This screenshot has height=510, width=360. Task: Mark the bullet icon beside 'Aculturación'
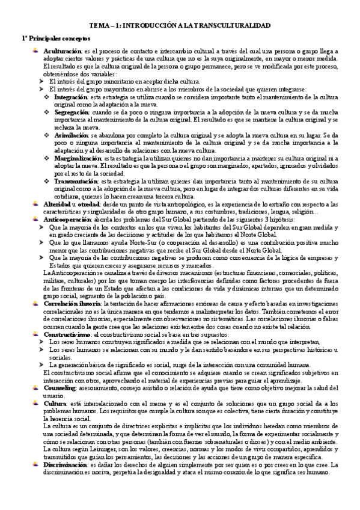click(37, 52)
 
